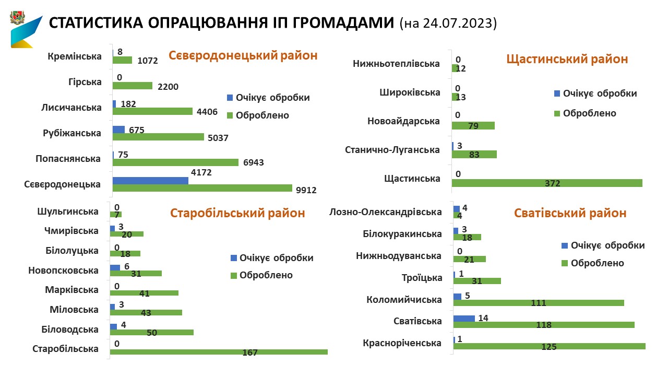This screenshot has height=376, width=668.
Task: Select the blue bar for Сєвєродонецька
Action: [150, 180]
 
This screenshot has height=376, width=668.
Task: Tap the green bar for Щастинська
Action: [547, 183]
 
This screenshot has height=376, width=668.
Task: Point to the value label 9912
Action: [306, 190]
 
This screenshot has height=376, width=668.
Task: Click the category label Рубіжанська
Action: [72, 133]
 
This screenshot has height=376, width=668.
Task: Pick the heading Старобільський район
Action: [237, 213]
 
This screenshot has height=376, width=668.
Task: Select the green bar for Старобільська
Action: [219, 351]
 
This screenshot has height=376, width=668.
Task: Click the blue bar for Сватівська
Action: [464, 318]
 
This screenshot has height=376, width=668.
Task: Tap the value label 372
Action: [552, 183]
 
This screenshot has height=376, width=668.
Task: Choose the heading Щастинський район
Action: [567, 59]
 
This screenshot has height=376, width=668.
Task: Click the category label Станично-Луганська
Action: [392, 150]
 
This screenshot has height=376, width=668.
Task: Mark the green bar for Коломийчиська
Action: [539, 303]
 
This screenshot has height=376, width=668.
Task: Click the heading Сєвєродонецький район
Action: [243, 55]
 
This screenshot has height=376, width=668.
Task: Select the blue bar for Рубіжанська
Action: [118, 130]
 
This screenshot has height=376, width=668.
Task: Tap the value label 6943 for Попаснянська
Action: [253, 162]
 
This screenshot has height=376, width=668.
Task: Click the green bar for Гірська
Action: [133, 86]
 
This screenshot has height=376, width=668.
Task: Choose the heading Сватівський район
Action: [570, 213]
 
